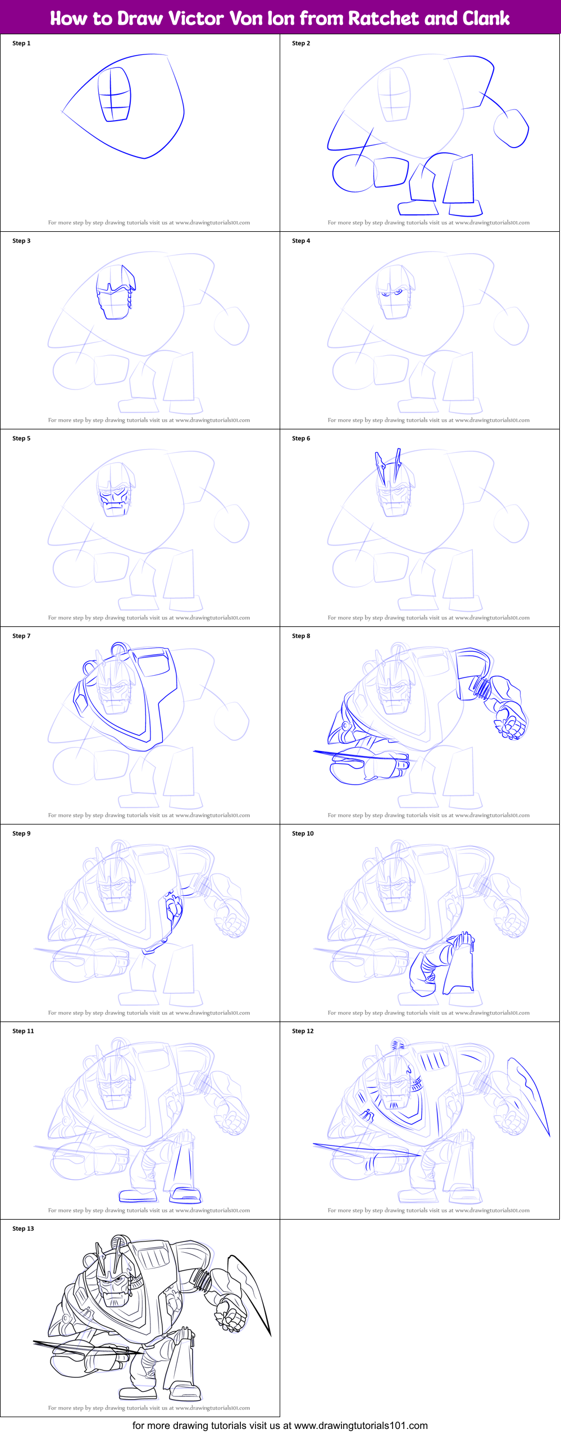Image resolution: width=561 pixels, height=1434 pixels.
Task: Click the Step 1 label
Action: [x=21, y=43]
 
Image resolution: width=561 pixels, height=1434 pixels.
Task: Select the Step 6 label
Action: [x=301, y=438]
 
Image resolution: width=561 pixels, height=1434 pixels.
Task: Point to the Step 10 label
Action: [x=303, y=833]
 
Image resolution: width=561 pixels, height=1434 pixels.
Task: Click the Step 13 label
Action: [x=23, y=1229]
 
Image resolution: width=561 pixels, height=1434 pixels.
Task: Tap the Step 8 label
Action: [x=301, y=636]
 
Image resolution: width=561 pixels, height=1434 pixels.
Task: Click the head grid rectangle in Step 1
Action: [x=115, y=94]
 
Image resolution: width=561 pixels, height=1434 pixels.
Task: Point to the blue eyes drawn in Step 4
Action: [x=392, y=292]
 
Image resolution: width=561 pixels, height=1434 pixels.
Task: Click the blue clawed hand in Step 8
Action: [x=510, y=722]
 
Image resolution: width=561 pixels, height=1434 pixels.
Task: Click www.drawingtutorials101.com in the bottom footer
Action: [x=361, y=1426]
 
